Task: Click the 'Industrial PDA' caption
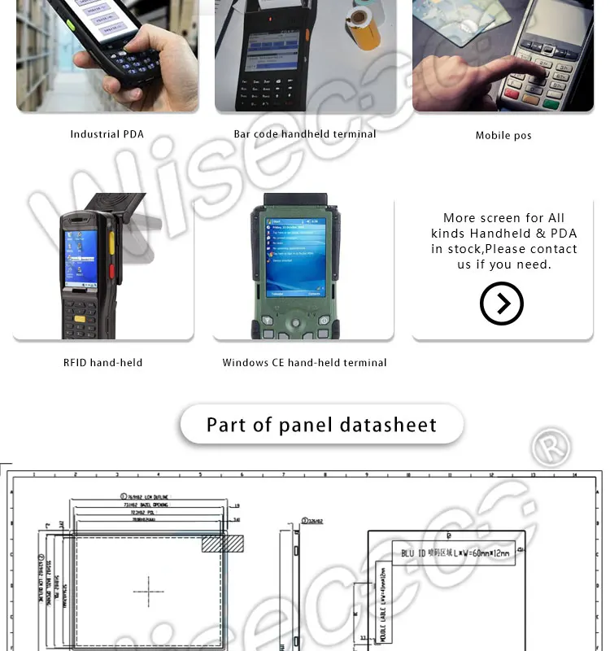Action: coord(107,134)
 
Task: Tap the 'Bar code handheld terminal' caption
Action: coord(305,134)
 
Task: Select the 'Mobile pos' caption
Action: coord(503,135)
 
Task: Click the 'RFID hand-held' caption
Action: coord(103,363)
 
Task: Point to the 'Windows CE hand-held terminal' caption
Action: coord(305,363)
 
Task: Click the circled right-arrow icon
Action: coord(502,304)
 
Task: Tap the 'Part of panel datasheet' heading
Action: coord(321,425)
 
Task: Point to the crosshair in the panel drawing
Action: coord(148,592)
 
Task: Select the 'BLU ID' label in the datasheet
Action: coord(415,553)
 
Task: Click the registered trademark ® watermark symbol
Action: coord(551,448)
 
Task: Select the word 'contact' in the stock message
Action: coord(553,249)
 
